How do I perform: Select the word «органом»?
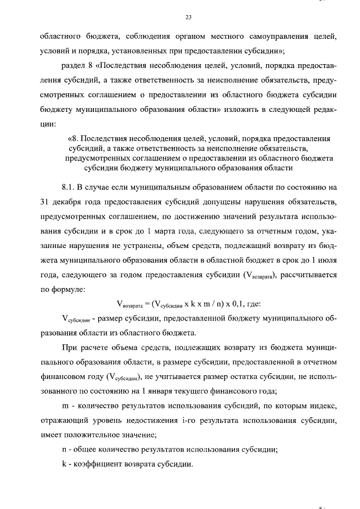click(x=181, y=37)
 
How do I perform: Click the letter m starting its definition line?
click(x=64, y=406)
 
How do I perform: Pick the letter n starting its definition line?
click(x=64, y=449)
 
